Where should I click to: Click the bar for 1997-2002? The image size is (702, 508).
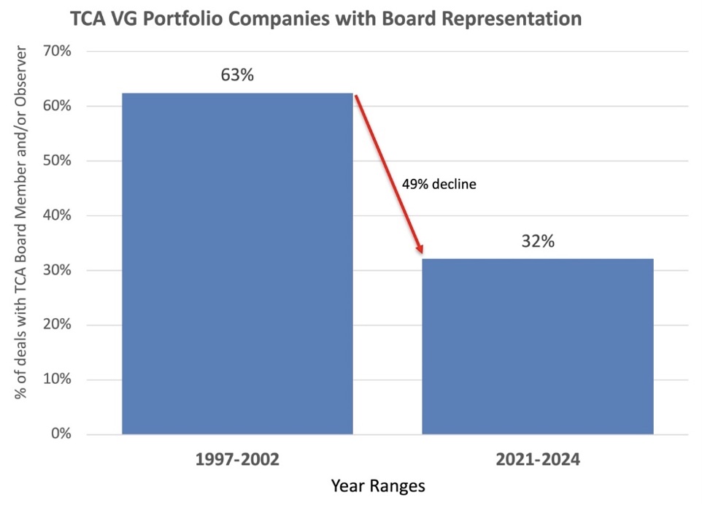237,263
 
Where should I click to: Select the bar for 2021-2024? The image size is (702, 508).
538,346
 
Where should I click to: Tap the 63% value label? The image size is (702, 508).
237,74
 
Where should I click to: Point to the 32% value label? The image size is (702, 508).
538,241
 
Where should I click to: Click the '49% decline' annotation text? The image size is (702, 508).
439,185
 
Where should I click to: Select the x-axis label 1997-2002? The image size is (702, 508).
237,461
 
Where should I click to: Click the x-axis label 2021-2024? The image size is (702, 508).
538,461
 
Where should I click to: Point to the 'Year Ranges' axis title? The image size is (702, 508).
377,485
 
